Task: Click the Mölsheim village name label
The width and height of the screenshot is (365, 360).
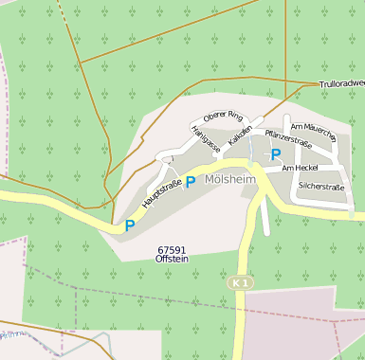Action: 230,179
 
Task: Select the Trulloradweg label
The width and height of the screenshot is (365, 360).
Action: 341,84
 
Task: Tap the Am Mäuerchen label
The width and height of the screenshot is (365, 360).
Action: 313,132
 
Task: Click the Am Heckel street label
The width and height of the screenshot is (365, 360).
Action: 300,168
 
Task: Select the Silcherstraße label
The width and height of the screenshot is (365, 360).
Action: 321,187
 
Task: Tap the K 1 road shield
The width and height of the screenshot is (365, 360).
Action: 242,282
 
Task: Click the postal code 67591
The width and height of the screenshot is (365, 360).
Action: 172,250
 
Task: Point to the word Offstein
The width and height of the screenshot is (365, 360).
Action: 172,259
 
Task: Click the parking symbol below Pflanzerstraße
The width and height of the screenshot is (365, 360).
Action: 276,154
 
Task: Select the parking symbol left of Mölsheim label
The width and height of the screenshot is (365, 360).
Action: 191,181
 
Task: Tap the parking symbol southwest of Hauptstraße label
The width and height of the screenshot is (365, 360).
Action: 130,225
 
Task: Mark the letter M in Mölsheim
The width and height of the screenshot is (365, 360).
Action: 210,179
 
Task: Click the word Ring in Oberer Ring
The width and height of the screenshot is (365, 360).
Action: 234,117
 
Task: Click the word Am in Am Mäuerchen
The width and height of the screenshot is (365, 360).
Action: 296,126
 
